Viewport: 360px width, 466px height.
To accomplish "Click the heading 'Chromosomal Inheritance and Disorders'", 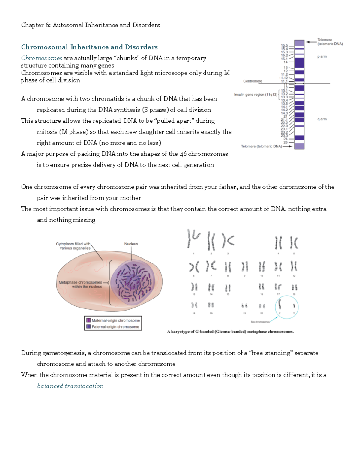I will click(89, 47).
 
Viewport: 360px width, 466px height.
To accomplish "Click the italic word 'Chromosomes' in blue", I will click(42, 58).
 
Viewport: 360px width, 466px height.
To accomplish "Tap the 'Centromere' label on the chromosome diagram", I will click(253, 81).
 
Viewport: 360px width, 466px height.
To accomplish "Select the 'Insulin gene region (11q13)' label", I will click(256, 95).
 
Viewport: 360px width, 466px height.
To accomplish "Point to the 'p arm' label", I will click(322, 56).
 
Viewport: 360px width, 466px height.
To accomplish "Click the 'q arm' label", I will click(322, 119).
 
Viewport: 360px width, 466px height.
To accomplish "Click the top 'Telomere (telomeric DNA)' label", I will click(330, 42).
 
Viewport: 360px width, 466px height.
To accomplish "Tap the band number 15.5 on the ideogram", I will click(284, 45).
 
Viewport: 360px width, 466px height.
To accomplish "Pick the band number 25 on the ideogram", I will click(285, 142).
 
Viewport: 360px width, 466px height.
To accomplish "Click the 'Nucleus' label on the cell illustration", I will click(131, 244).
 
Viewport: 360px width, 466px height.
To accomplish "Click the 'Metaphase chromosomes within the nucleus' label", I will click(80, 284).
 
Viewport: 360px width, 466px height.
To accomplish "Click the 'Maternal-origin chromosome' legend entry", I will click(115, 320).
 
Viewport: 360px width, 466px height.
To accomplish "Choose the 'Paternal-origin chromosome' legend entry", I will click(115, 327).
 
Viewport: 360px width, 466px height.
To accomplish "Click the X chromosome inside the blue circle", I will click(280, 305).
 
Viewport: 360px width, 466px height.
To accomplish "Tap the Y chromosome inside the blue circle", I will click(294, 306).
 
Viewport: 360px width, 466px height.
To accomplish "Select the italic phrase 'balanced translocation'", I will click(70, 386).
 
